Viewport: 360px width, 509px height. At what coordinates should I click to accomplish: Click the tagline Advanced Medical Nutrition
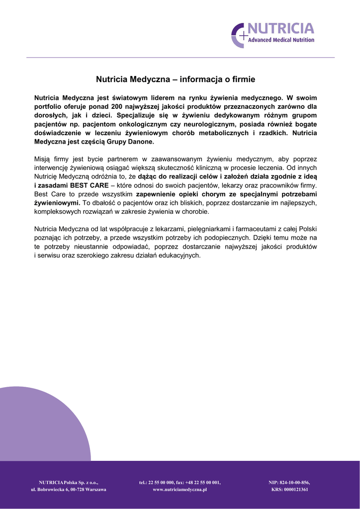(281, 40)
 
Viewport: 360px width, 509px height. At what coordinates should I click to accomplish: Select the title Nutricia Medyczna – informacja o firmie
(175, 79)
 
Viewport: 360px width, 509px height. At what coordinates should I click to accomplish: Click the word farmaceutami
(258, 229)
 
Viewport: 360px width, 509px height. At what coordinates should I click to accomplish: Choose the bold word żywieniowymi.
(57, 203)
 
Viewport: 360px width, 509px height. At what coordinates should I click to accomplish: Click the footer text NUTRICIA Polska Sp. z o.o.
(69, 482)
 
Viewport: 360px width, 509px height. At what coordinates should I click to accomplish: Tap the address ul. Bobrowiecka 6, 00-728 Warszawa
(69, 490)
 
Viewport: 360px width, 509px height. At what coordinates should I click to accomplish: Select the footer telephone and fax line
(180, 482)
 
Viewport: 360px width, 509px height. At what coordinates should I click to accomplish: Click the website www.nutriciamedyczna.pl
(180, 490)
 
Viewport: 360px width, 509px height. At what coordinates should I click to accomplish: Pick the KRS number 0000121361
(289, 490)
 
